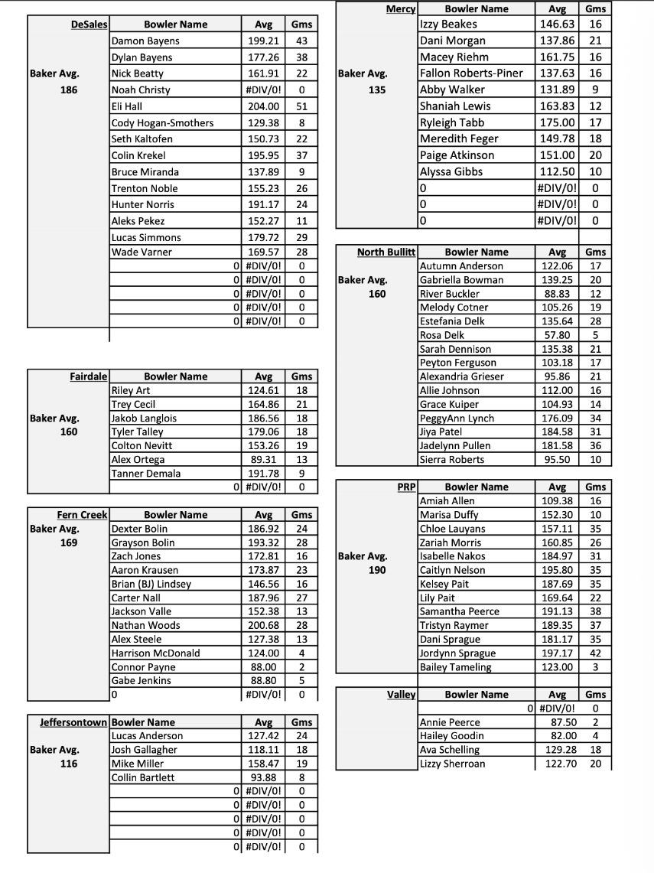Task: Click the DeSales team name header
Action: [89, 24]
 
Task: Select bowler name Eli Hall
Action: [127, 106]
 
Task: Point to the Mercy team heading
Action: [402, 8]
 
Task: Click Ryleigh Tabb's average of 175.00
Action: [557, 122]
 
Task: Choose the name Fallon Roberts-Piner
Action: [471, 73]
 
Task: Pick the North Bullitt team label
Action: [386, 252]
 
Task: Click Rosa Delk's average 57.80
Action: [557, 335]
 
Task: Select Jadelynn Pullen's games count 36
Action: [595, 445]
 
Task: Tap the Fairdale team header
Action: [88, 376]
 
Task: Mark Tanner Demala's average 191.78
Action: [263, 474]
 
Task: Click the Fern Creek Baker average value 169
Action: [69, 542]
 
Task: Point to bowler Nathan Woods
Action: [146, 625]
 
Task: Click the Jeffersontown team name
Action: [75, 722]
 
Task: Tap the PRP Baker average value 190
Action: [376, 570]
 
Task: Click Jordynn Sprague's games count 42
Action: [595, 653]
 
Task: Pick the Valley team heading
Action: [402, 695]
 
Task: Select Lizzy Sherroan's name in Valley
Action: [452, 764]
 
